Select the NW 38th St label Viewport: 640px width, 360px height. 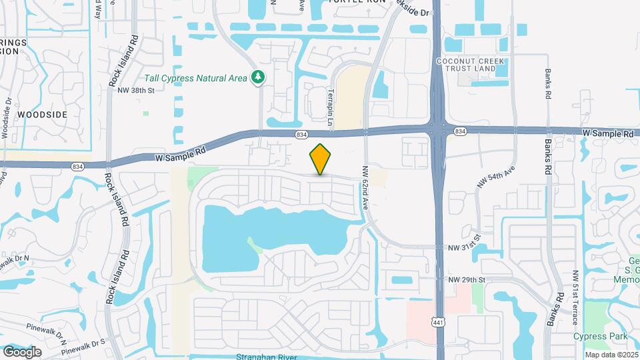coord(135,91)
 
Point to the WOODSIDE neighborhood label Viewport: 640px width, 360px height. coord(42,115)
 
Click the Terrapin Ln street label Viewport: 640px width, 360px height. coord(329,106)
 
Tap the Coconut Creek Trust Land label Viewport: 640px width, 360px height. coord(485,65)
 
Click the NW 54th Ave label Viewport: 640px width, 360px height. coord(497,177)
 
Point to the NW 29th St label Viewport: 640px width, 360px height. coord(466,279)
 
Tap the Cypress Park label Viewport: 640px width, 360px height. coord(599,337)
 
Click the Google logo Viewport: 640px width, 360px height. coord(22,351)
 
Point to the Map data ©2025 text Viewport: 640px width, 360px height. coord(612,354)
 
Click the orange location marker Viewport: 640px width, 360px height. coord(320,159)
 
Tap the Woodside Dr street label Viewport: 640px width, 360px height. coord(7,119)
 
